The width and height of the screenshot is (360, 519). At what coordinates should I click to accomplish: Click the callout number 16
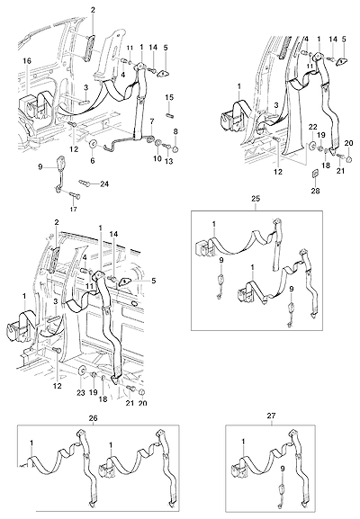coord(27,60)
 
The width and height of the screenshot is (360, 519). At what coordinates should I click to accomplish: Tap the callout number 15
coord(169,98)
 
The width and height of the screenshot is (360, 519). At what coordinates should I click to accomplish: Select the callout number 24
coord(104,184)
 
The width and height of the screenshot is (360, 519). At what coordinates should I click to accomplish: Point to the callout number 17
coord(74,210)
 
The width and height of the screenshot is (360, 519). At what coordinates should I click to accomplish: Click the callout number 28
coord(315,191)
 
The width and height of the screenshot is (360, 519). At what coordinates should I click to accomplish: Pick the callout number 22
coord(313,127)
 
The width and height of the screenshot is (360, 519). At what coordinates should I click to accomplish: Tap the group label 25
coord(256,199)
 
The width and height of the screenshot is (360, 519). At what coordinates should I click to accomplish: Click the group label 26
coord(94,418)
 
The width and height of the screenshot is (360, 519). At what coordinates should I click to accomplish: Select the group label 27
coord(271,416)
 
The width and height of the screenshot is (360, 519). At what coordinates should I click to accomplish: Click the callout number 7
coord(152,121)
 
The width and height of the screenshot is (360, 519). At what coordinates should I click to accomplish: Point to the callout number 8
coord(175,131)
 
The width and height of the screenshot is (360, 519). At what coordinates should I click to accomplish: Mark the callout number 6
coord(93,160)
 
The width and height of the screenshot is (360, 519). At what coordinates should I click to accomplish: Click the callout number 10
coord(157,158)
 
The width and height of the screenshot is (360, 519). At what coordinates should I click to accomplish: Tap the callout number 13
coord(169,161)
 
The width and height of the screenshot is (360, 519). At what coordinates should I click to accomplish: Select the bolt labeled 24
coord(84,182)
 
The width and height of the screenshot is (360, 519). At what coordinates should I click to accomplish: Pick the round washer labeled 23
coord(82,371)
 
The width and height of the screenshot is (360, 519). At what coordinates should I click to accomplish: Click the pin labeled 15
coord(169,115)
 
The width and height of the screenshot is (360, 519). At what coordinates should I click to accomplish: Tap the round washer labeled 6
coord(93,144)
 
